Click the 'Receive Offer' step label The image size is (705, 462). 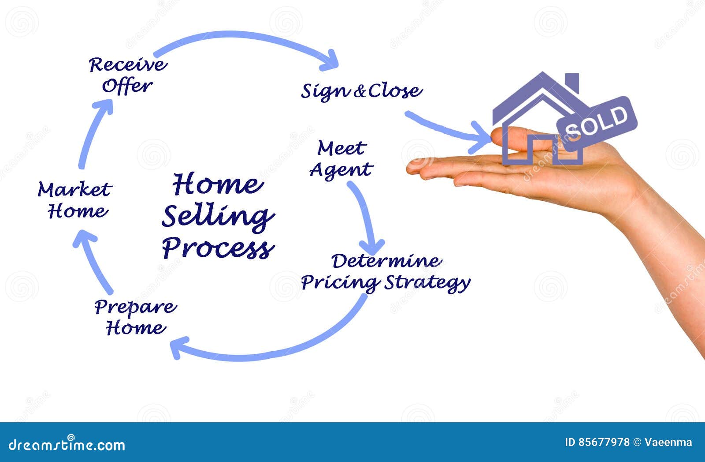tap(128, 75)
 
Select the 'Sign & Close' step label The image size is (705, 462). tap(361, 91)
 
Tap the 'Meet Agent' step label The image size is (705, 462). tap(341, 159)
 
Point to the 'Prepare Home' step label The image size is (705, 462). tap(136, 317)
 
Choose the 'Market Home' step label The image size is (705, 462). tap(75, 200)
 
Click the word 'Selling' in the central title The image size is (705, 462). tap(218, 216)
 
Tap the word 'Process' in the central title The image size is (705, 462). tap(219, 248)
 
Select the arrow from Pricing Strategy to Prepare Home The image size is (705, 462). tap(273, 349)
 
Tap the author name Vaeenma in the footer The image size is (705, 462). tap(668, 442)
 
